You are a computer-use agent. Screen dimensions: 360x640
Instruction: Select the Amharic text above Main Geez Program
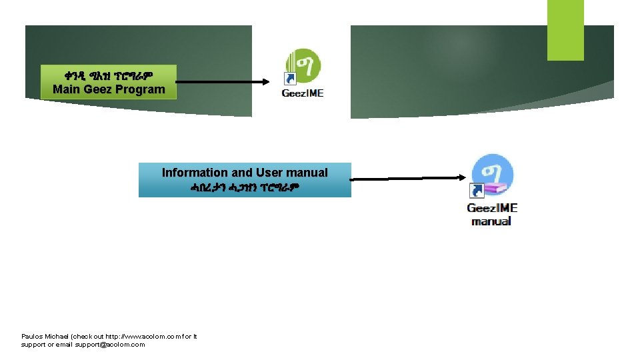click(x=109, y=75)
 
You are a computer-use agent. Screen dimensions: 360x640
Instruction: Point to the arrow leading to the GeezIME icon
click(x=223, y=83)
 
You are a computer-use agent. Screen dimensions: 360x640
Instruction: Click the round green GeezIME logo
click(x=304, y=66)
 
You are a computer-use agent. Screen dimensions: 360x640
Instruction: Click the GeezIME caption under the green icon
click(x=303, y=93)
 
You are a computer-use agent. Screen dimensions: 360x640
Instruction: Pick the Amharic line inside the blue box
click(x=245, y=187)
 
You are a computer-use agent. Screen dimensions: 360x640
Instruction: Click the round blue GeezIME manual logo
click(x=493, y=174)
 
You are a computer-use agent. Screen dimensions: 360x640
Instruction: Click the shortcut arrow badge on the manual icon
click(x=478, y=191)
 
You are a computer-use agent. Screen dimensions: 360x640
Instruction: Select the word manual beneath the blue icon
click(x=491, y=221)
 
